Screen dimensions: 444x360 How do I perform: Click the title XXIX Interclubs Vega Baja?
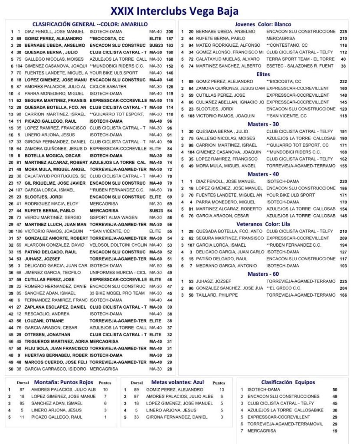174,10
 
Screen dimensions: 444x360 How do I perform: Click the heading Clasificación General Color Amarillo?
90,24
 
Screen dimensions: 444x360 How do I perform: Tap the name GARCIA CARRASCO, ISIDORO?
55,369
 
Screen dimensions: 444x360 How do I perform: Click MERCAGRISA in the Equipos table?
262,431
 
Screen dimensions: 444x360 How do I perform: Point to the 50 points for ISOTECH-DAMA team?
334,390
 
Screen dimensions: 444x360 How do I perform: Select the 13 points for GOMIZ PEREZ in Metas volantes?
222,390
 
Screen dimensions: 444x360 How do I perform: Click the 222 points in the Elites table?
344,81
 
